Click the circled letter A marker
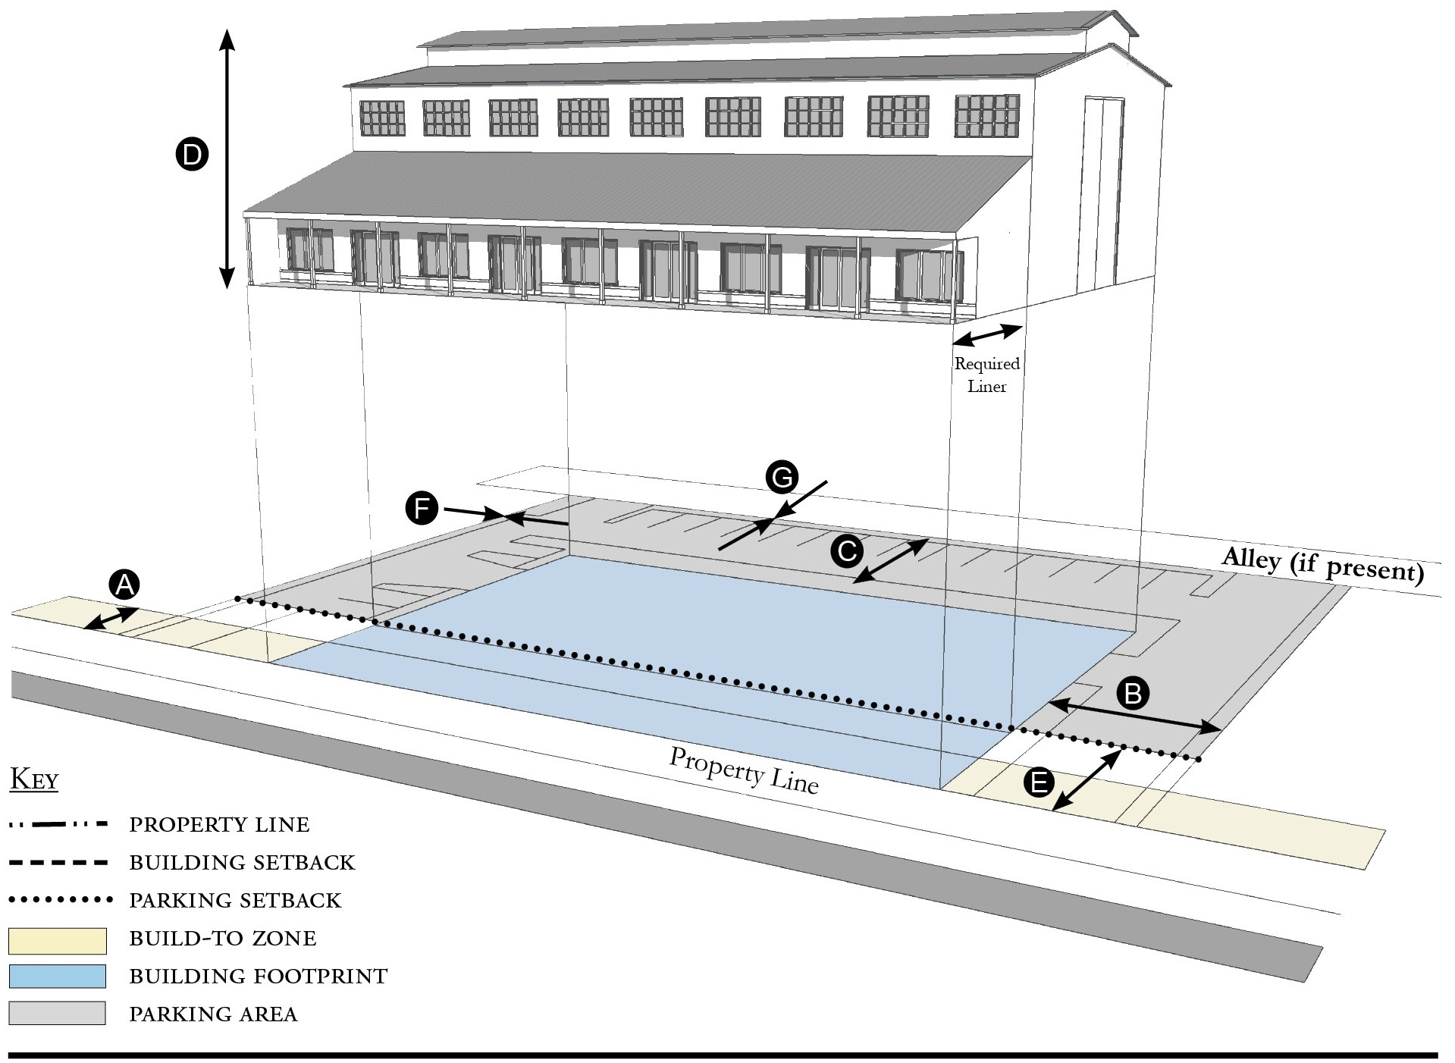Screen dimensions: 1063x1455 click(125, 585)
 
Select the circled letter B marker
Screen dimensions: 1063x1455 click(1133, 693)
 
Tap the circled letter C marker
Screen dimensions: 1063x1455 click(847, 550)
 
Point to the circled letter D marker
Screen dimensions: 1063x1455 click(192, 155)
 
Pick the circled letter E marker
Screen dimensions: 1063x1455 click(1039, 782)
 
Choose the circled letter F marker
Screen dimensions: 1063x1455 click(422, 508)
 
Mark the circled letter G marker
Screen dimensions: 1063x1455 click(781, 478)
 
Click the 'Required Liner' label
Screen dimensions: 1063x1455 click(986, 375)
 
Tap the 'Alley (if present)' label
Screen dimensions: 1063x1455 click(1322, 565)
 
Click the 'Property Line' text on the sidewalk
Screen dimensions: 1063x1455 click(743, 770)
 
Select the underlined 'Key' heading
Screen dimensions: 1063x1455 click(34, 780)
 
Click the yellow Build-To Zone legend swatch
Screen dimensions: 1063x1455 click(57, 940)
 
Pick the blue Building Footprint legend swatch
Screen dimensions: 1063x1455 click(57, 977)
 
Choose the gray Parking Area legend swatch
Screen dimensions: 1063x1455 click(57, 1014)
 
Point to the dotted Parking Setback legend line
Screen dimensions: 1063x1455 click(60, 901)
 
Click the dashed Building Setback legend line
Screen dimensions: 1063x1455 click(58, 863)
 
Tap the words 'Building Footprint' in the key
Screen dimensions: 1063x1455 click(258, 977)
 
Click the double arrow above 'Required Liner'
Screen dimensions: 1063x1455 click(988, 334)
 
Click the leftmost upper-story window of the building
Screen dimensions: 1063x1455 click(382, 118)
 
